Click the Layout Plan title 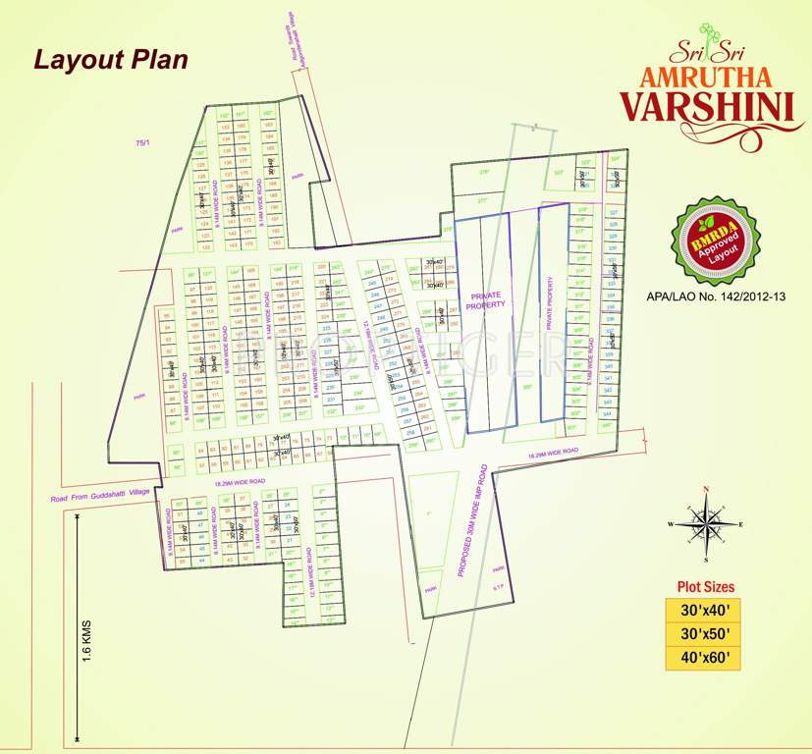tap(111, 59)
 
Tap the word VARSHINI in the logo tap(706, 104)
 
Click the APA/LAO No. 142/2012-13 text tap(718, 295)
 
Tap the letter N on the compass tap(705, 488)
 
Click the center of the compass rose tap(705, 524)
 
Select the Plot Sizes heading tap(706, 587)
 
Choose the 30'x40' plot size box tap(706, 611)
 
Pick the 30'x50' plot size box tap(706, 634)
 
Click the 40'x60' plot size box tap(706, 658)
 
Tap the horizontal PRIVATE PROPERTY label tap(488, 300)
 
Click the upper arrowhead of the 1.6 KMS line tap(77, 516)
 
